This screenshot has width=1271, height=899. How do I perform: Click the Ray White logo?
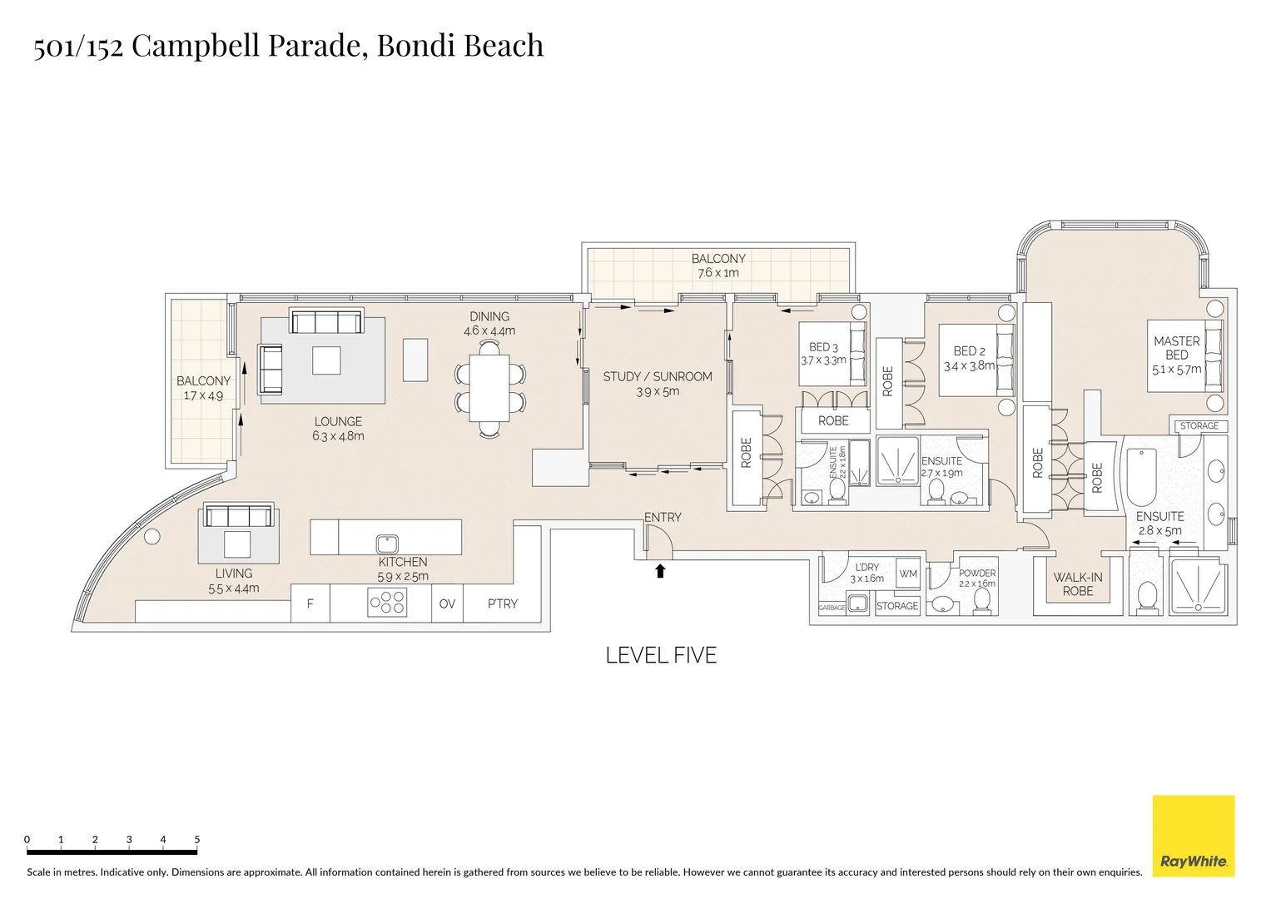[1193, 836]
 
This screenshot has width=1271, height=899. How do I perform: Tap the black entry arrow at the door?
[660, 570]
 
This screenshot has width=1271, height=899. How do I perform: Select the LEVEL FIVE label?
[661, 655]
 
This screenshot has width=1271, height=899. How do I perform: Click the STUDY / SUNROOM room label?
[658, 376]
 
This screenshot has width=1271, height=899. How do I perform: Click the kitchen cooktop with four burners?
[387, 602]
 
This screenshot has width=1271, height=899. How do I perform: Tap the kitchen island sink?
[387, 544]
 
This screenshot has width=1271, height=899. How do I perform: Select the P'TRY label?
[502, 603]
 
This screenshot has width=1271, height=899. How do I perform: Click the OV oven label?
[447, 603]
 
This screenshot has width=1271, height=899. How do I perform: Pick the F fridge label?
[310, 603]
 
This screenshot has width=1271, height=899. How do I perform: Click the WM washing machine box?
[908, 574]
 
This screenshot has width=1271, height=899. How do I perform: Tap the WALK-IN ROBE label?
[1078, 584]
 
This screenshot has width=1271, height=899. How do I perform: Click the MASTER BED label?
[1176, 348]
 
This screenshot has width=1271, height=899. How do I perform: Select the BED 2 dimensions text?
[969, 365]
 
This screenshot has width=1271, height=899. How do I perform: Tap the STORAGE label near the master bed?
[1199, 425]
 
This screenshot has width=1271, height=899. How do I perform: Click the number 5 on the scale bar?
[197, 839]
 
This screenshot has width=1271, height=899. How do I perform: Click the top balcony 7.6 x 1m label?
[718, 272]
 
